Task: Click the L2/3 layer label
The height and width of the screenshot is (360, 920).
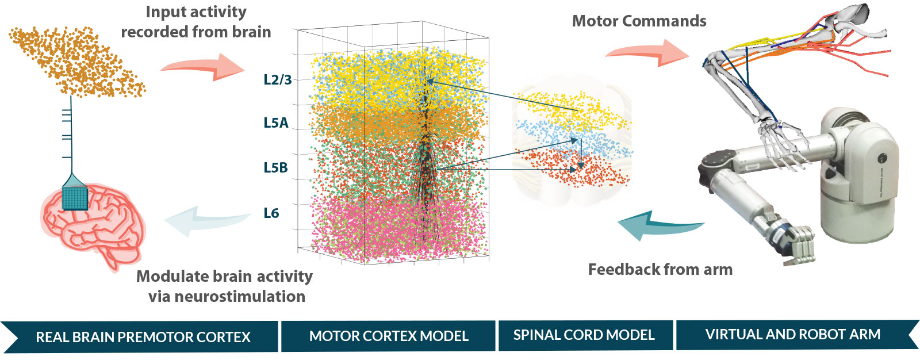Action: [x=278, y=79]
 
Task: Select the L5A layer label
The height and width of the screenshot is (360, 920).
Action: [x=276, y=122]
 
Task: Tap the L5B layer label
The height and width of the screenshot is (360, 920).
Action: [x=275, y=168]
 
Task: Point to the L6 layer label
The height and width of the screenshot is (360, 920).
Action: [x=271, y=213]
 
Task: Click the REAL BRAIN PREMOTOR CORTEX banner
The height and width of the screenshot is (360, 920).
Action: [x=140, y=336]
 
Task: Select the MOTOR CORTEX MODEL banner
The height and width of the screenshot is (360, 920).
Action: [x=388, y=336]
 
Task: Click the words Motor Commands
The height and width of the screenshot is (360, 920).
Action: [x=639, y=21]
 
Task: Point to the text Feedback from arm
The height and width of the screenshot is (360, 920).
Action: [x=661, y=270]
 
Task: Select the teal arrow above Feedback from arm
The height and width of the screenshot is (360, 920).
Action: [x=661, y=225]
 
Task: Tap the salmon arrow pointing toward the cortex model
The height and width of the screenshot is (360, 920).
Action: [x=202, y=67]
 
